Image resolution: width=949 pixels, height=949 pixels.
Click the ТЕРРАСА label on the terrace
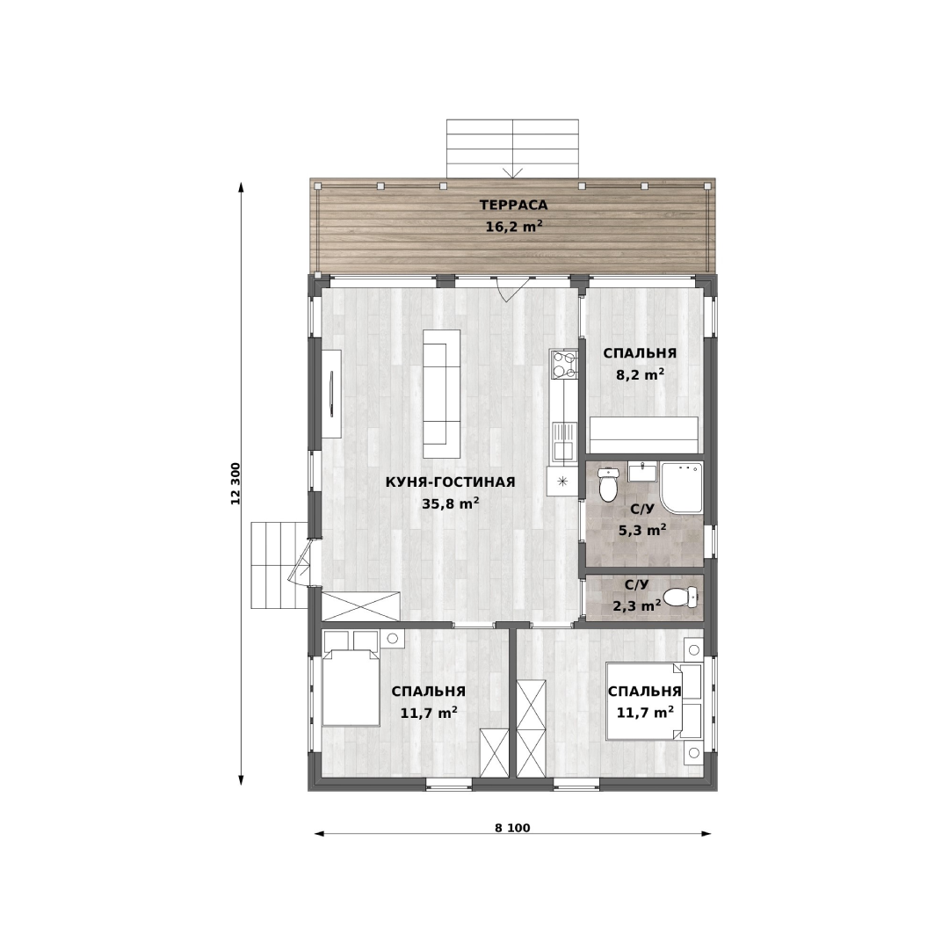pyautogui.click(x=513, y=205)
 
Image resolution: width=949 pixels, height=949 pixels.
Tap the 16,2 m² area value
pyautogui.click(x=513, y=227)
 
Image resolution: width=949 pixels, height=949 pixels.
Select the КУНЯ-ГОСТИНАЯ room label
pyautogui.click(x=450, y=482)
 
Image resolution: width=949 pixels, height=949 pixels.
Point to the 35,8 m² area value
pyautogui.click(x=450, y=503)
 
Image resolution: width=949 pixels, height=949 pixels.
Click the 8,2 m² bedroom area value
pyautogui.click(x=640, y=374)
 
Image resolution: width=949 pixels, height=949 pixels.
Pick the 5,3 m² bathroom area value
pyautogui.click(x=642, y=531)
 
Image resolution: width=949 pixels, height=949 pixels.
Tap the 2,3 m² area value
pyautogui.click(x=637, y=605)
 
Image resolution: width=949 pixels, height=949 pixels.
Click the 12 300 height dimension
pyautogui.click(x=235, y=483)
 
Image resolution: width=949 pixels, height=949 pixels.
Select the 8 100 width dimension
pyautogui.click(x=512, y=828)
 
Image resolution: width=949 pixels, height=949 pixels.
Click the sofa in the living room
pyautogui.click(x=441, y=394)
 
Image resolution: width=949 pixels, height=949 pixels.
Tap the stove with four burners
pyautogui.click(x=564, y=365)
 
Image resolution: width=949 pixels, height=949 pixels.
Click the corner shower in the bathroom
pyautogui.click(x=682, y=488)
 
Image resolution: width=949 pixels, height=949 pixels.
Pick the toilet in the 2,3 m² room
pyautogui.click(x=681, y=598)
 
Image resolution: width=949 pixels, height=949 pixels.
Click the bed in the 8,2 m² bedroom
pyautogui.click(x=644, y=435)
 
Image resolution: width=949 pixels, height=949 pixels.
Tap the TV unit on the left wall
pyautogui.click(x=331, y=394)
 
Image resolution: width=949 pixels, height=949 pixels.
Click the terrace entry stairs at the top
pyautogui.click(x=512, y=149)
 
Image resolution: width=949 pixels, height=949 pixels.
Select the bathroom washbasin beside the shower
pyautogui.click(x=642, y=472)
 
